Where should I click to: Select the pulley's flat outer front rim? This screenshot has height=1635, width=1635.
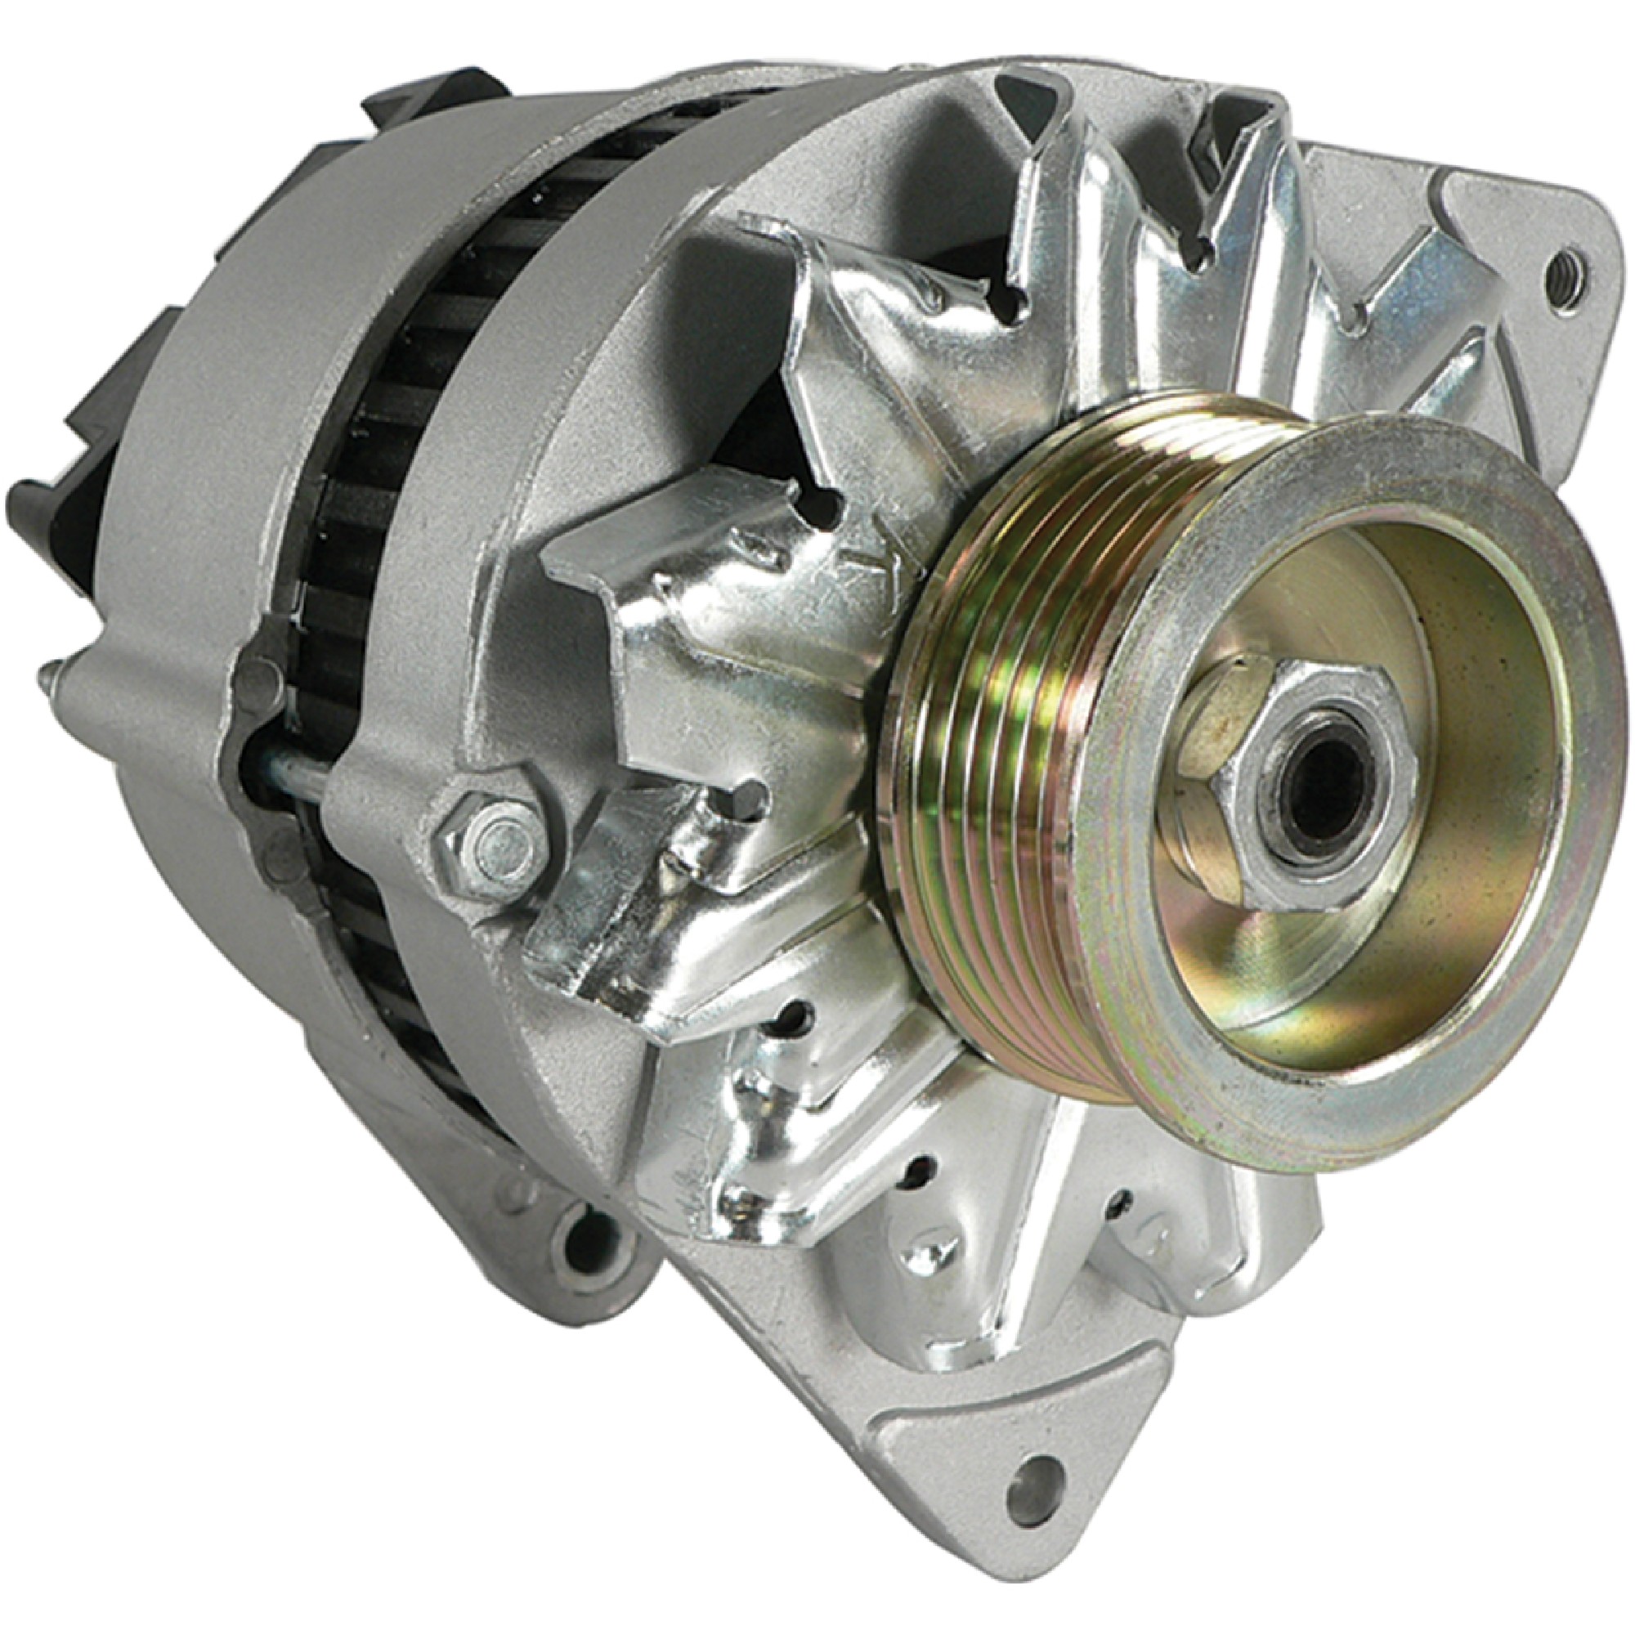1566,762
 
